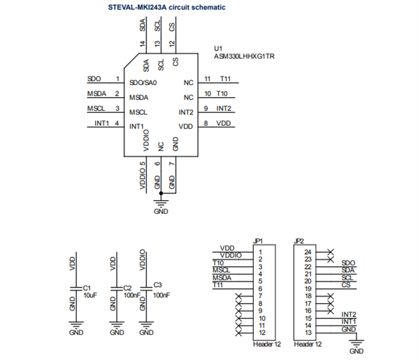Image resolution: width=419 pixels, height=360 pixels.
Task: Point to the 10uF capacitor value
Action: pyautogui.click(x=89, y=295)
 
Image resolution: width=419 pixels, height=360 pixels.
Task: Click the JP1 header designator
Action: pyautogui.click(x=259, y=241)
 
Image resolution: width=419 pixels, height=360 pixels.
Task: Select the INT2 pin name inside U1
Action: pyautogui.click(x=186, y=112)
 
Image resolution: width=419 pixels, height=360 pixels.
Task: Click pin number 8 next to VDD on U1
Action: pyautogui.click(x=205, y=123)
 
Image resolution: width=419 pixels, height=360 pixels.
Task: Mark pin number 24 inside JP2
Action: pyautogui.click(x=308, y=252)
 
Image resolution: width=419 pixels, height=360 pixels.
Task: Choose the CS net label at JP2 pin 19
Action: pyautogui.click(x=345, y=285)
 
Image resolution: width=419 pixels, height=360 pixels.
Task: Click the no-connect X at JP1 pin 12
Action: pyautogui.click(x=238, y=332)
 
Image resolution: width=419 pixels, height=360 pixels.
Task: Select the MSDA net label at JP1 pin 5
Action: pyautogui.click(x=222, y=277)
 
